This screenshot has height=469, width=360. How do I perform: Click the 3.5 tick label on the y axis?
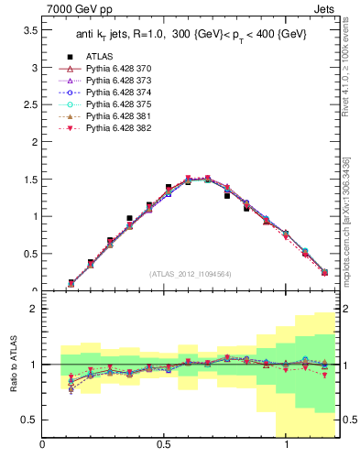pos(29,30)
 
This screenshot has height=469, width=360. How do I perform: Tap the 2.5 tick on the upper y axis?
pos(29,105)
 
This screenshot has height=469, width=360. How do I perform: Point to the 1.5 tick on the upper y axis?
pos(29,180)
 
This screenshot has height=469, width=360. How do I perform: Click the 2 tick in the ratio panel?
pos(33,309)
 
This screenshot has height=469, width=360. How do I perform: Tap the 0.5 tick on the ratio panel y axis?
pos(29,420)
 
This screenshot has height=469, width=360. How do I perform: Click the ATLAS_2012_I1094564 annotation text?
pos(191,273)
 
